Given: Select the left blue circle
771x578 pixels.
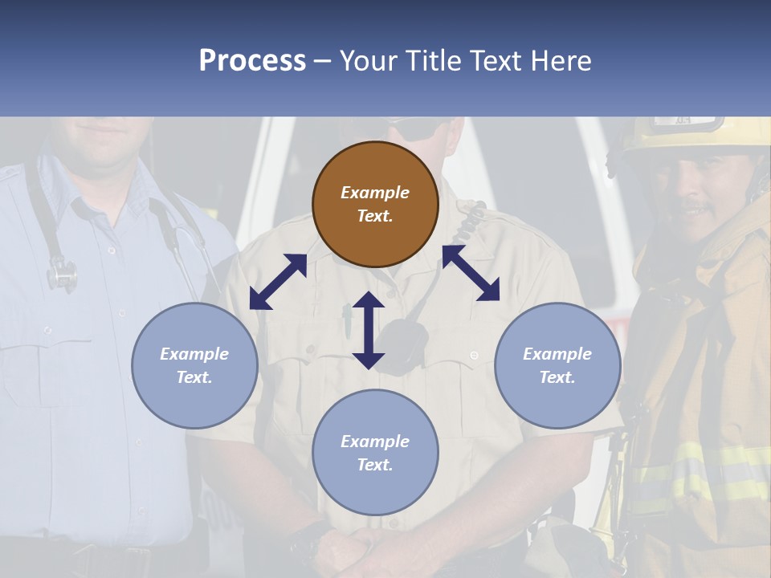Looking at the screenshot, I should pyautogui.click(x=194, y=365).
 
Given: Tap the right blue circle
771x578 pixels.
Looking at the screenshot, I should pyautogui.click(x=557, y=365).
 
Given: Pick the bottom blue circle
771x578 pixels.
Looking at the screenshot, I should pyautogui.click(x=375, y=453).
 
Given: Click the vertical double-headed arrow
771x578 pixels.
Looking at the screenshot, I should pyautogui.click(x=369, y=330).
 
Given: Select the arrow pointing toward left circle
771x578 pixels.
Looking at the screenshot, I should pyautogui.click(x=278, y=281).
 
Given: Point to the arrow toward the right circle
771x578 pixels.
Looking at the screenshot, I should pyautogui.click(x=471, y=273).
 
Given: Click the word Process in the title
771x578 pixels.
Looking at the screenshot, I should pyautogui.click(x=252, y=60).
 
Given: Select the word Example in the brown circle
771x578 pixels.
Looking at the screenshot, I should pyautogui.click(x=375, y=193).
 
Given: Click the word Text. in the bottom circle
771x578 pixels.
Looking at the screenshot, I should pyautogui.click(x=375, y=465).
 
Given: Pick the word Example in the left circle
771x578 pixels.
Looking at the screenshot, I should pyautogui.click(x=194, y=354).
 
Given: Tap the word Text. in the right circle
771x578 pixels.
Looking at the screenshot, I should pyautogui.click(x=557, y=377).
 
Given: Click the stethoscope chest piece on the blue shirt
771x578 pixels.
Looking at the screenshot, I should pyautogui.click(x=62, y=275).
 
